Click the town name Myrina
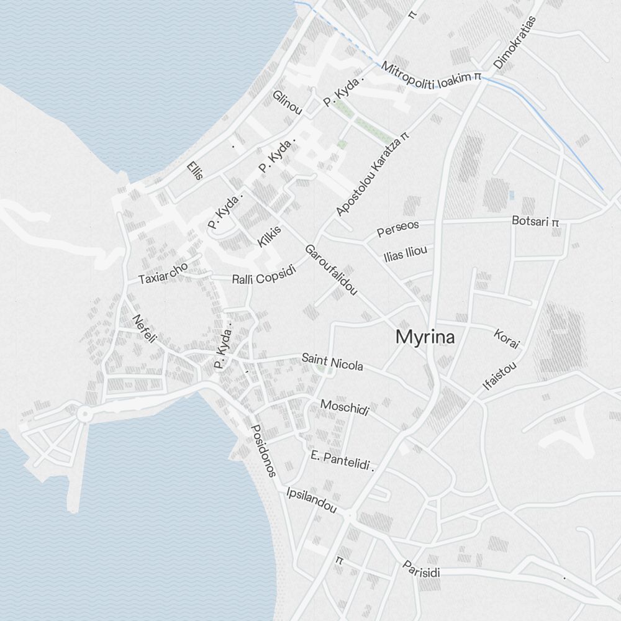coord(425,338)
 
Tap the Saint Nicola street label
coord(332,362)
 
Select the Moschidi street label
coord(345,408)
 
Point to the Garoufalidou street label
coord(331,270)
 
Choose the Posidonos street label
coord(263,450)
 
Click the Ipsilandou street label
coord(312,501)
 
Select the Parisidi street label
coord(421,569)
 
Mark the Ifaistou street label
coord(499,376)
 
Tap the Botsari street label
coord(532,220)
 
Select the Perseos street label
coord(398,228)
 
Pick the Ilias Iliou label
coord(405,254)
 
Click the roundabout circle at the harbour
coord(85,413)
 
